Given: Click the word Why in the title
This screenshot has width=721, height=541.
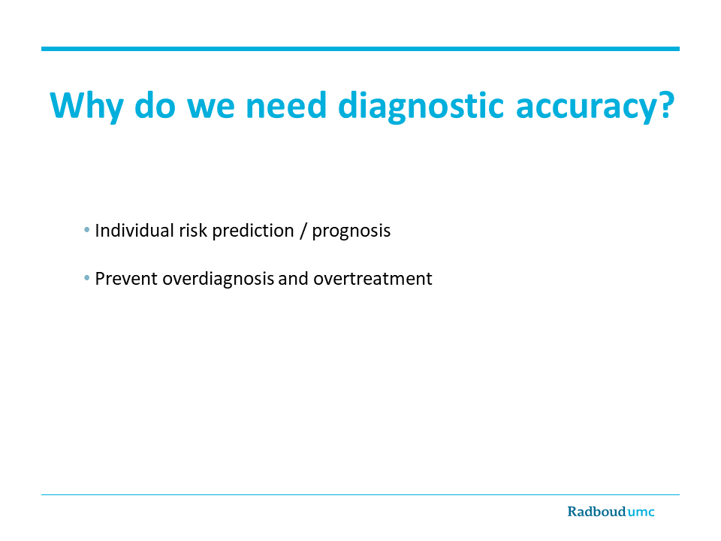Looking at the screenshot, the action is [x=86, y=106].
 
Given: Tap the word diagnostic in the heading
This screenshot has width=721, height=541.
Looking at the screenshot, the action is [x=421, y=106].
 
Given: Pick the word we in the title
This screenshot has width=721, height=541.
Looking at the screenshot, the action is [x=210, y=108].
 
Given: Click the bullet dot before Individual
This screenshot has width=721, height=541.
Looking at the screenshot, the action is [x=87, y=230].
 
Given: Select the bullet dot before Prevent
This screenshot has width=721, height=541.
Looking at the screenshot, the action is [x=87, y=278].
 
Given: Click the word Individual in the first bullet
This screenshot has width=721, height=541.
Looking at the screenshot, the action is [x=134, y=231].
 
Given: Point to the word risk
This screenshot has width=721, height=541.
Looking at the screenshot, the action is [x=193, y=231].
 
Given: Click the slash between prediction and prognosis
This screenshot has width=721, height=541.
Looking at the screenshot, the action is [x=303, y=231].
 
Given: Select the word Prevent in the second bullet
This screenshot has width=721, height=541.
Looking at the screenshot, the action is [x=126, y=279].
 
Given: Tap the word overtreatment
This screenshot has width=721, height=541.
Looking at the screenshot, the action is [x=373, y=279].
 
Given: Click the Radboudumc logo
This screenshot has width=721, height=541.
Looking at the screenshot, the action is [x=611, y=512].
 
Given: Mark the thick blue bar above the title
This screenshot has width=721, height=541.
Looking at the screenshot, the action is [x=360, y=49].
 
